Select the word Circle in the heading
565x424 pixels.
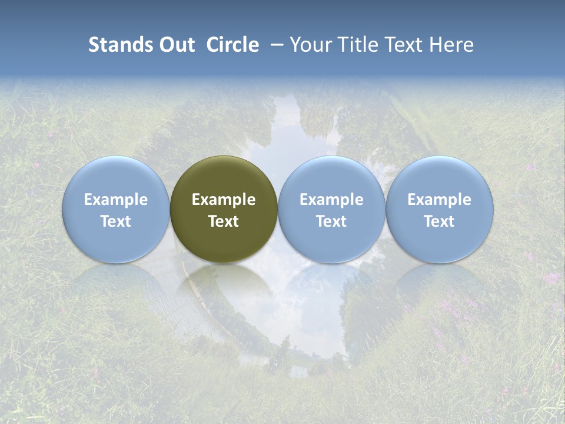point(232,45)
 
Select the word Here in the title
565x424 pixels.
point(453,45)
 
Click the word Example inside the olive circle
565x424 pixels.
point(224,200)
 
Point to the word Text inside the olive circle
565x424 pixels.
point(224,221)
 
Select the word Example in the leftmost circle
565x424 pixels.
point(116,200)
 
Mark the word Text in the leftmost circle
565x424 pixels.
point(116,221)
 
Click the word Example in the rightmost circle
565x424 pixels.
point(440,200)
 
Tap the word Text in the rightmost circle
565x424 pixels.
point(440,221)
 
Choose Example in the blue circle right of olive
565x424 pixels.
point(331,200)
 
